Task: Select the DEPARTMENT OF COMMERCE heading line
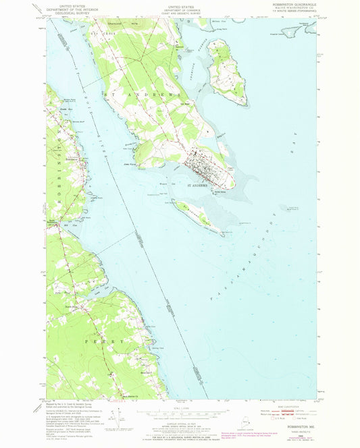(x=179, y=8)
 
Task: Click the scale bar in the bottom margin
(x=179, y=411)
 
